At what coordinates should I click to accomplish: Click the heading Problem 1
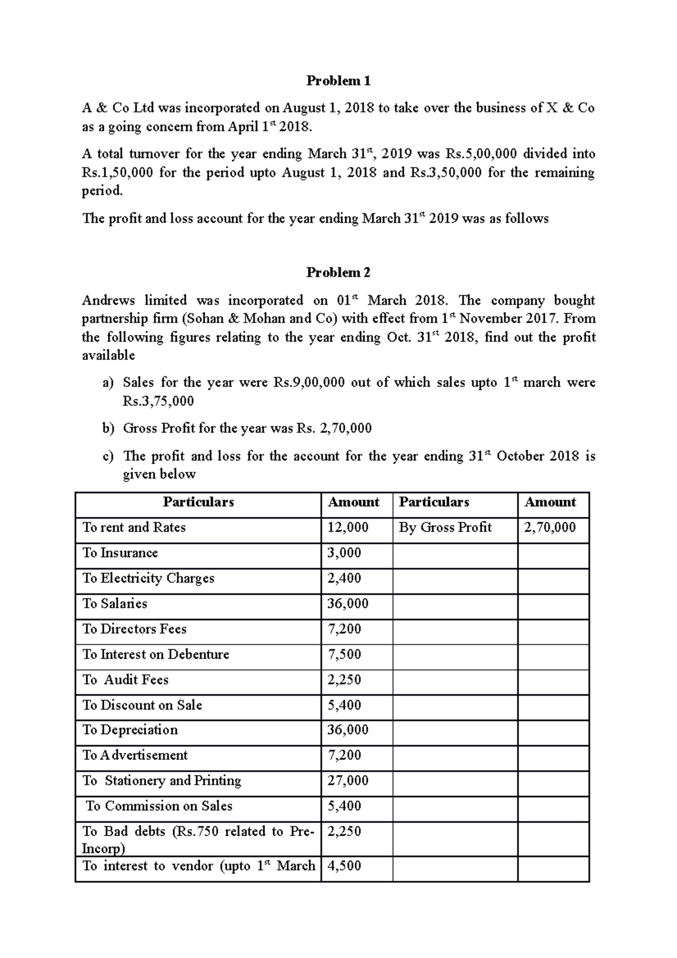tap(338, 81)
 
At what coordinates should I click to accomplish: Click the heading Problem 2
tap(338, 273)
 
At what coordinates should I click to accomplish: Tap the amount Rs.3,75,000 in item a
tap(158, 401)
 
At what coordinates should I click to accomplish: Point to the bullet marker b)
tap(108, 429)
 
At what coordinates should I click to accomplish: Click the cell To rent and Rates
tap(134, 528)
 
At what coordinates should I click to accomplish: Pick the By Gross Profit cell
tap(445, 528)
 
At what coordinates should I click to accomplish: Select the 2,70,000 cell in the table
tap(549, 528)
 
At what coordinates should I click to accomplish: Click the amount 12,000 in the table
tap(348, 528)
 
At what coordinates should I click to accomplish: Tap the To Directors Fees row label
tap(134, 629)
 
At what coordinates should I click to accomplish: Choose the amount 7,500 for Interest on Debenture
tap(344, 654)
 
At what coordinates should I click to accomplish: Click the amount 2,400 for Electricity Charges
tap(344, 578)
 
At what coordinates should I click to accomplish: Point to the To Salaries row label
tap(115, 604)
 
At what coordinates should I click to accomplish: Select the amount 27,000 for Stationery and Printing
tap(348, 781)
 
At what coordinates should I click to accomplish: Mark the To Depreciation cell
tap(130, 730)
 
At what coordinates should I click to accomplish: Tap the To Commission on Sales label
tap(159, 806)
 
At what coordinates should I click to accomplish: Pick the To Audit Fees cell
tap(125, 680)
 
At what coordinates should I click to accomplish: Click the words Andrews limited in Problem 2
tap(134, 300)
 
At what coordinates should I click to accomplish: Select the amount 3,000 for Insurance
tap(344, 553)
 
